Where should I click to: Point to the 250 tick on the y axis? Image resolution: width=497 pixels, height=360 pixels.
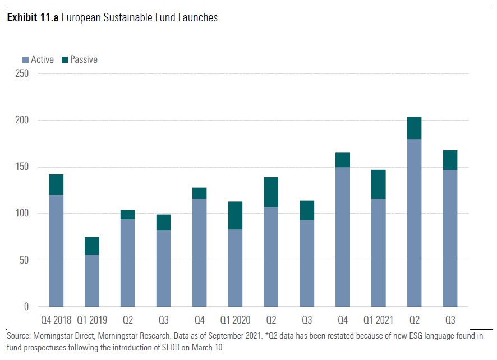21,73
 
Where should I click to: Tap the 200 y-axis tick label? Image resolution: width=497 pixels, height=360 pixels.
21,120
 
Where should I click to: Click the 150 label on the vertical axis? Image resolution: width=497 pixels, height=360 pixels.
21,167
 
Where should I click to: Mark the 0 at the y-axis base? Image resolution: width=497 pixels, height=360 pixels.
26,307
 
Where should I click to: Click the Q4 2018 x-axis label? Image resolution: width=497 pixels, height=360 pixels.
56,320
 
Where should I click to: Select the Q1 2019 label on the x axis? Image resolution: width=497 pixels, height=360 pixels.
91,320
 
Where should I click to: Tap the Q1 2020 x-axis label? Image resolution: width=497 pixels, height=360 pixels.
235,320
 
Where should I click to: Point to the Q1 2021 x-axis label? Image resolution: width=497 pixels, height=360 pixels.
378,320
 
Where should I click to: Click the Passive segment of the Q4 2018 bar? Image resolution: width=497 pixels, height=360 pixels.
56,184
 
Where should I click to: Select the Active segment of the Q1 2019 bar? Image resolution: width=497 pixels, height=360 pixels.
91,280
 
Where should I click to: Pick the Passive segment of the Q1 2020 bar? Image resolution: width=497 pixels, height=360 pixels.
235,215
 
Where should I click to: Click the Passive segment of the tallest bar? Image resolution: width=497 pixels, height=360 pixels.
414,128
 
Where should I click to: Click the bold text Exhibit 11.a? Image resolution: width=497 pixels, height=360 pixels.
32,18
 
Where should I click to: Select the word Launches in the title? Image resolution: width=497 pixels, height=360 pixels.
199,18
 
